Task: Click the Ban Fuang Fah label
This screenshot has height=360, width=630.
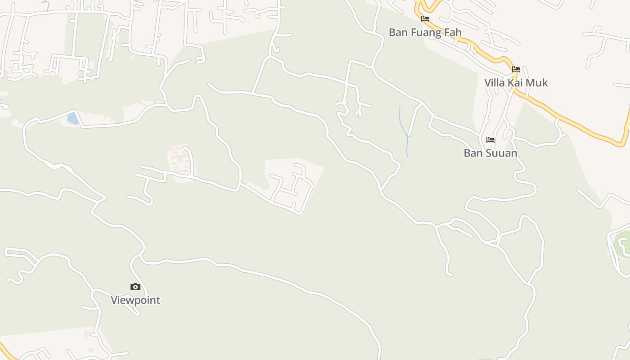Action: point(425,32)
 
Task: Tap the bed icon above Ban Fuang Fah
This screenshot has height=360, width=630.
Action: point(425,19)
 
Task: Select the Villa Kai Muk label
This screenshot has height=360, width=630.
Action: point(516,83)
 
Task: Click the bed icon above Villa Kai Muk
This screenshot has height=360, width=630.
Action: point(516,69)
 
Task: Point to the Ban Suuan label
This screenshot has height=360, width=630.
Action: point(490,153)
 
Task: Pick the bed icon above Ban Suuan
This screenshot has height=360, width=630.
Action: point(490,140)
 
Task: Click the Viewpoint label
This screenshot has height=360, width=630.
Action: point(135,300)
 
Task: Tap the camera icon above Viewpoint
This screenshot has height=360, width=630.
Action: point(135,287)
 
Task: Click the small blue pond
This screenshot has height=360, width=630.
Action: point(72,118)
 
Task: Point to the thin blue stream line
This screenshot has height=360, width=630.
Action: point(404,126)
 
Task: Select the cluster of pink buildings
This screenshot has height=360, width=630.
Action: point(180,160)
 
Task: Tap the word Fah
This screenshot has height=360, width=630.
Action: point(452,32)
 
